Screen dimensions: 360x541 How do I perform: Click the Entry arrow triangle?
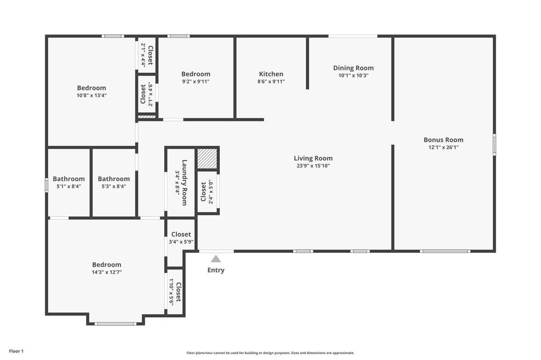point(216,259)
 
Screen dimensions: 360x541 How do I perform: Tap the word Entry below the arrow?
point(216,270)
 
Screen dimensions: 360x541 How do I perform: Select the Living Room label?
point(313,158)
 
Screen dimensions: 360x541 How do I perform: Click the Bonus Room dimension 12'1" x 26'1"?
point(443,147)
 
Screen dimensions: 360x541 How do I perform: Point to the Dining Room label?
point(353,68)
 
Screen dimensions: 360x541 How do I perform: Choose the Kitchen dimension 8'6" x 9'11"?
point(271,81)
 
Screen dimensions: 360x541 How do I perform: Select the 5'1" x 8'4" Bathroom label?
point(69,179)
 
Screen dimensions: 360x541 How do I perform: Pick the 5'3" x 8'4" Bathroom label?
point(114,179)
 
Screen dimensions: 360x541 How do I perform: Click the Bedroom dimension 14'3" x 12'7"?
point(107,272)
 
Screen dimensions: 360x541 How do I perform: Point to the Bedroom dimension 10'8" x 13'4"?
point(91,96)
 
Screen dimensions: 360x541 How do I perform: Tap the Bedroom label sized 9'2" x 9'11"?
point(195,74)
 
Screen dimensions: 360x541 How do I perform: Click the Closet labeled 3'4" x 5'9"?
point(181,234)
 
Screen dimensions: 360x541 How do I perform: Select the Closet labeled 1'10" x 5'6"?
point(179,292)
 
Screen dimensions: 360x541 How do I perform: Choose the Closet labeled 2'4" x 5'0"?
point(203,192)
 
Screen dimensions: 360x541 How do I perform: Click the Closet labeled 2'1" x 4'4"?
point(150,55)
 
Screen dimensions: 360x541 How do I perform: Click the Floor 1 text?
point(16,351)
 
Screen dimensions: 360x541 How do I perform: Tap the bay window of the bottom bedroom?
point(115,323)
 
